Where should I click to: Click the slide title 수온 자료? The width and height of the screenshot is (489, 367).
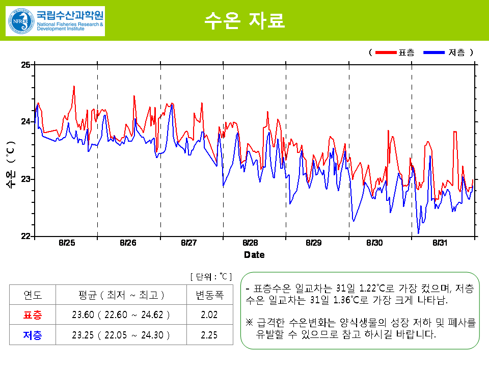point(244,20)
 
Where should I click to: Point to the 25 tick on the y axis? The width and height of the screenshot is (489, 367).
point(25,64)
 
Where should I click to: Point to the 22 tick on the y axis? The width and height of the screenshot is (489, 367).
point(25,236)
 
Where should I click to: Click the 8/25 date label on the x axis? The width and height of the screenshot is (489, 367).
point(66,243)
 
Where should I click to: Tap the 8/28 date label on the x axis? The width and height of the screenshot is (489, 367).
point(251,243)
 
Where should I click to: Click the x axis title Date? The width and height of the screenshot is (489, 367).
point(254,254)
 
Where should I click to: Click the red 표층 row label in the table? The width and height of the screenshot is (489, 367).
point(33,315)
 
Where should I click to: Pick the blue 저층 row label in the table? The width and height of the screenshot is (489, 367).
point(33,335)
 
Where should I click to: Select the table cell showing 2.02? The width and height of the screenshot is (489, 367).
point(209,315)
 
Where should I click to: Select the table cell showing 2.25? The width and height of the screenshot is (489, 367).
point(209,335)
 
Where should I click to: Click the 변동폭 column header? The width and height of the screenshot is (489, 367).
point(209,295)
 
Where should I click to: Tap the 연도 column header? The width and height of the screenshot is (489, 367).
point(33,295)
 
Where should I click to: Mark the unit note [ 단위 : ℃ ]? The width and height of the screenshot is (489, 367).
point(211,277)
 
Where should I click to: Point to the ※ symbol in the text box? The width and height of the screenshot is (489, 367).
point(249,323)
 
